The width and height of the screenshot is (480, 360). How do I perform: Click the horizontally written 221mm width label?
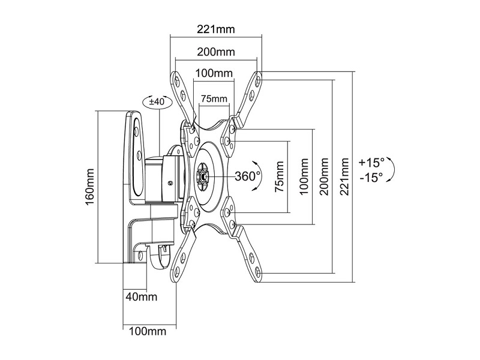216,28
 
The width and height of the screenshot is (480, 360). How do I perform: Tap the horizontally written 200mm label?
216,51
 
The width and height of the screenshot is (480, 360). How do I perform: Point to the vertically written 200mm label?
324,176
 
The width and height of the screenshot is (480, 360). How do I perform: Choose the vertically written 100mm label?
304,176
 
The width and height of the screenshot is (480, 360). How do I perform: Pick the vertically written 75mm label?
279,176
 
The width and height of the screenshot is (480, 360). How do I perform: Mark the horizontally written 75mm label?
214,98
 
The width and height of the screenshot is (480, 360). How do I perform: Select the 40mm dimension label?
142,296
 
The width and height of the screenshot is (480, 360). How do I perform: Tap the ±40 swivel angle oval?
157,102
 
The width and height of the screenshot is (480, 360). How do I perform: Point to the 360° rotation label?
247,176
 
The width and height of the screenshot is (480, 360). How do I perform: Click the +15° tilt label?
372,162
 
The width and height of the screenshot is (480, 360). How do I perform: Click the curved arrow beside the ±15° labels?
391,169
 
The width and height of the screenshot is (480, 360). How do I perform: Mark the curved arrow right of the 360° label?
257,176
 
